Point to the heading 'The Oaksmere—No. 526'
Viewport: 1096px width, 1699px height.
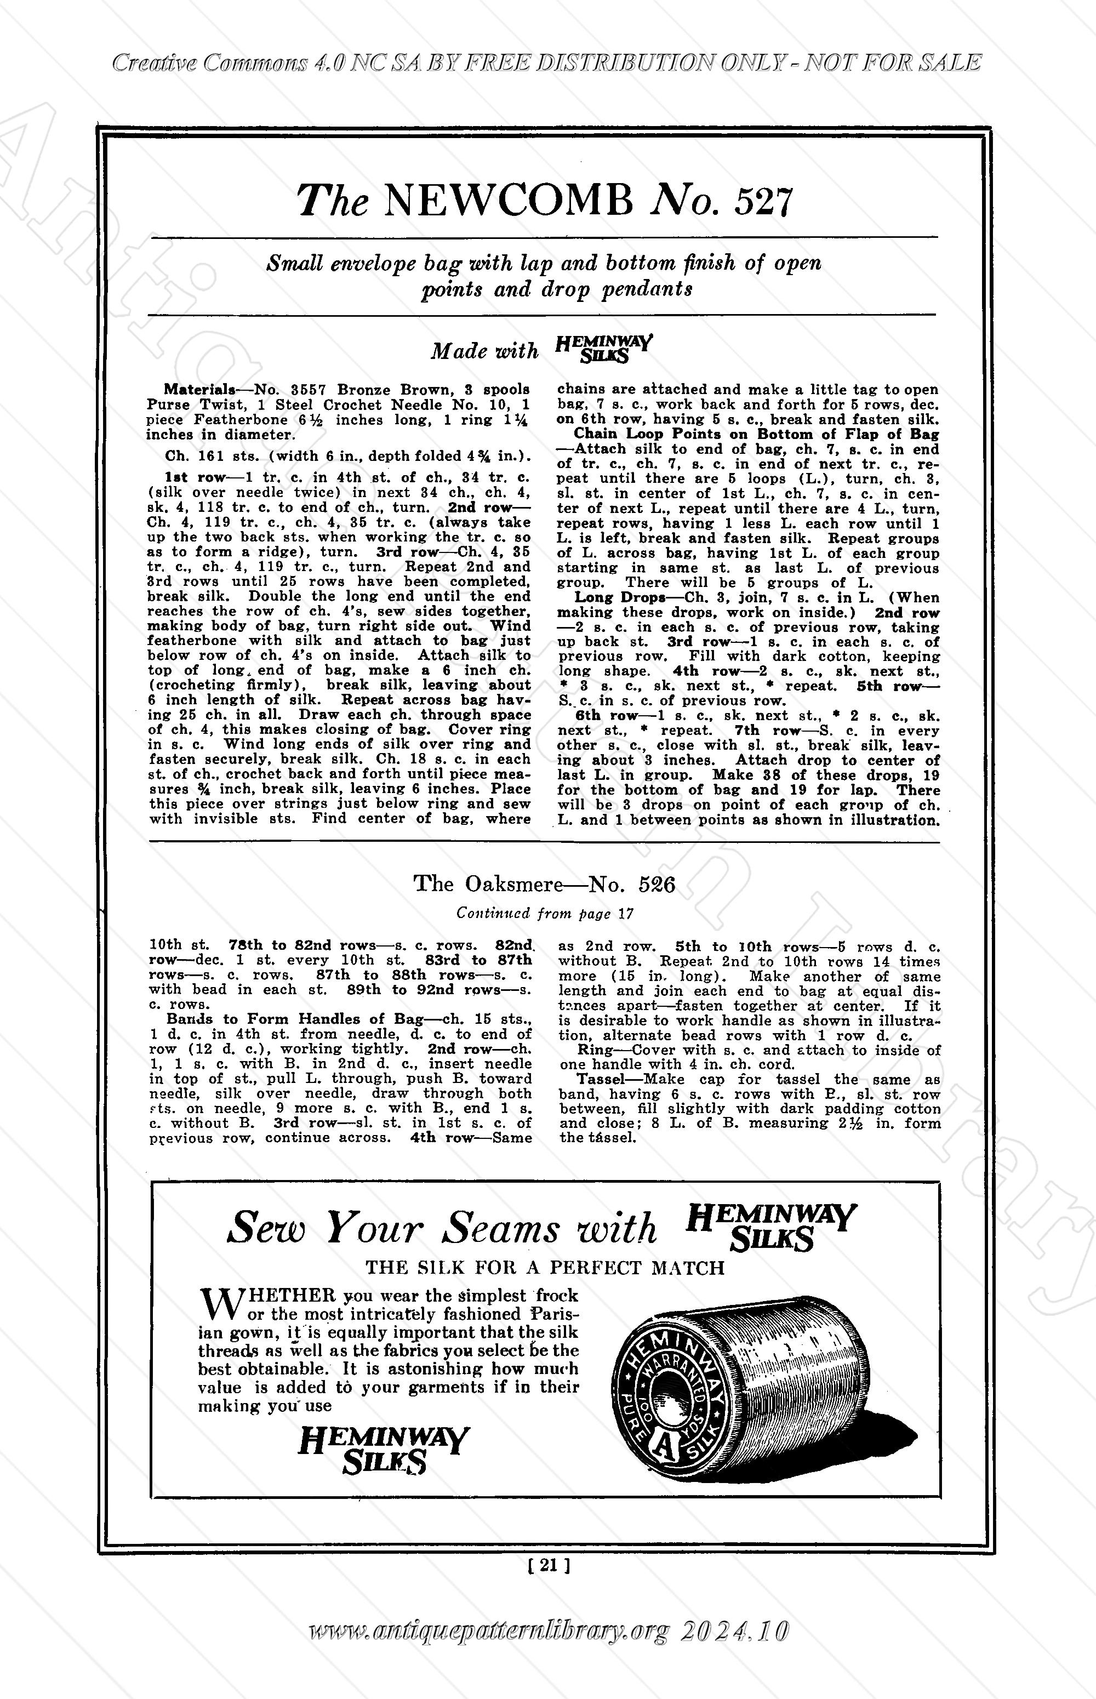(545, 885)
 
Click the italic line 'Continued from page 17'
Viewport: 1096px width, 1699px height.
(545, 913)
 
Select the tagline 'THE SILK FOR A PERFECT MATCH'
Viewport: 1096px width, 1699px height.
(545, 1268)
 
